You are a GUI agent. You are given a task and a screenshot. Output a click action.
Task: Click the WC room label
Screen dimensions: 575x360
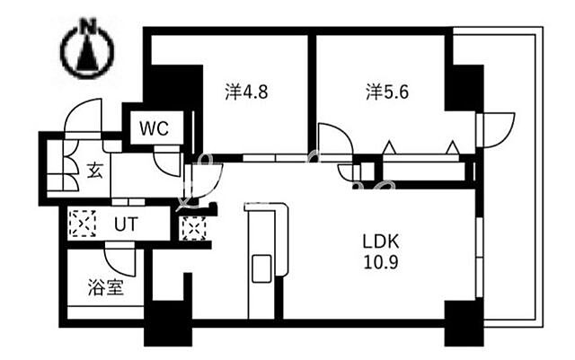(x=154, y=128)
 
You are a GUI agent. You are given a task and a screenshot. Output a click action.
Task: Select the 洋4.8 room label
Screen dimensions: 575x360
(x=246, y=92)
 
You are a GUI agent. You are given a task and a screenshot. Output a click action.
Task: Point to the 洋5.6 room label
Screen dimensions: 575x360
(x=387, y=92)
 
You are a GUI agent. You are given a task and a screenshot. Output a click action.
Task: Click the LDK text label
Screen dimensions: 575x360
(x=381, y=241)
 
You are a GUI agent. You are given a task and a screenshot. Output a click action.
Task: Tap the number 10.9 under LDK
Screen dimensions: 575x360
(x=381, y=262)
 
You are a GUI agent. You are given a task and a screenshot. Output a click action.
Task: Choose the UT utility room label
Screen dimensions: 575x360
(x=126, y=224)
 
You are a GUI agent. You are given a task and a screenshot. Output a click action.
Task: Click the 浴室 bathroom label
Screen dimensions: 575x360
(x=106, y=288)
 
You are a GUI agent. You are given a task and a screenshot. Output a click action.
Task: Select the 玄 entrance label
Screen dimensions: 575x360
(x=95, y=171)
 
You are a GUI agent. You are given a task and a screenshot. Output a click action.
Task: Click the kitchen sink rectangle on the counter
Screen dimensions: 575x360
(x=261, y=268)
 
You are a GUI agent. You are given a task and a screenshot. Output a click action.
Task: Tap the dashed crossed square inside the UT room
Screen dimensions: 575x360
(x=83, y=224)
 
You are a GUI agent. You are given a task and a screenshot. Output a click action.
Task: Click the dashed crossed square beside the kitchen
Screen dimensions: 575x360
(x=194, y=228)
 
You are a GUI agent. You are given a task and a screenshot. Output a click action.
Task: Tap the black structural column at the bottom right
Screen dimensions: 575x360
(x=464, y=323)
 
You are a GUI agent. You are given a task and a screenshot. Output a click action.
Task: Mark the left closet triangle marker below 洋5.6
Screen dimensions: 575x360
(x=389, y=147)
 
